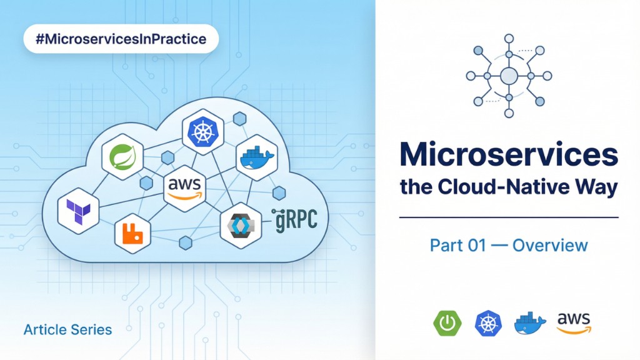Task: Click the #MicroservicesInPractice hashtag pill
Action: (x=121, y=39)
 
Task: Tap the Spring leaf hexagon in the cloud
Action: (x=122, y=157)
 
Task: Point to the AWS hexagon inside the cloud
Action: (x=185, y=187)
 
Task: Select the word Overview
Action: (x=550, y=244)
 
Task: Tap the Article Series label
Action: (x=67, y=329)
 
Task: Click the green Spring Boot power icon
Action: (x=447, y=322)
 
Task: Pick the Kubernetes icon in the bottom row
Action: (x=488, y=322)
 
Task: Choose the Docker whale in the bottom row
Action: (x=529, y=322)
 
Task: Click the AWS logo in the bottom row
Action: (x=574, y=322)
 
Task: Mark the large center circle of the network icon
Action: (x=509, y=76)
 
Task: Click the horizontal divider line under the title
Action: (x=508, y=217)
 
